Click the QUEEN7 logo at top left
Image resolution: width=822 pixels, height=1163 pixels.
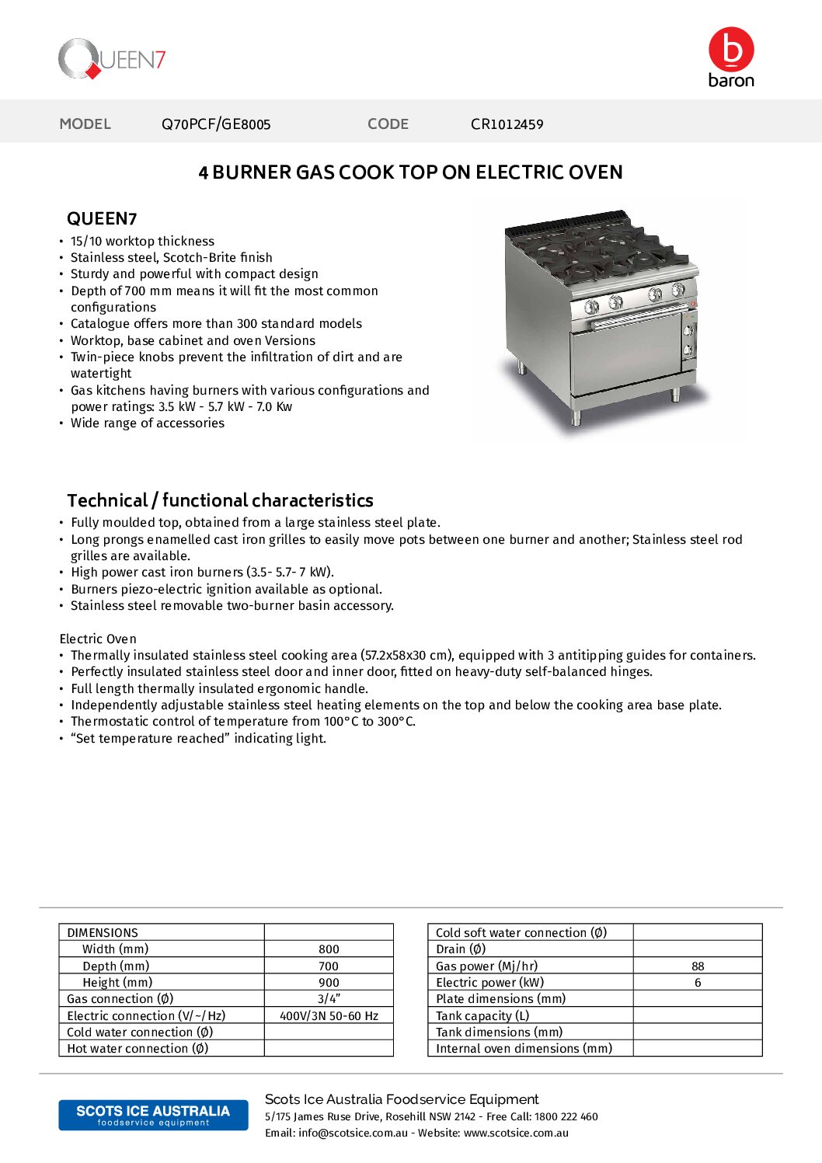(112, 59)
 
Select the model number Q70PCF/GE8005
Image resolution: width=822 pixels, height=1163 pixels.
(216, 124)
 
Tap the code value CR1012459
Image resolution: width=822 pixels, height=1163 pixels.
(507, 124)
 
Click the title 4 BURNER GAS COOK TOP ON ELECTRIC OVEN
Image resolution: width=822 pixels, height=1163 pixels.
(410, 172)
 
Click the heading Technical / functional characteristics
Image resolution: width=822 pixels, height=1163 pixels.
(220, 500)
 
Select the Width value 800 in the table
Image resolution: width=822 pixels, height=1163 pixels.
(329, 949)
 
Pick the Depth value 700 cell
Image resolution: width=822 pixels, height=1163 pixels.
(329, 966)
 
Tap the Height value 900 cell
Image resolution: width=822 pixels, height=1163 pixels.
(329, 983)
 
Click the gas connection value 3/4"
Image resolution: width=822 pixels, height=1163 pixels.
(329, 999)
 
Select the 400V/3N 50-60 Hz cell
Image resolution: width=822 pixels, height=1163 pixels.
(329, 1016)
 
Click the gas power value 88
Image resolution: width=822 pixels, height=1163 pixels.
(698, 966)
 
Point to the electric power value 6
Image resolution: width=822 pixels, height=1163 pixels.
(698, 983)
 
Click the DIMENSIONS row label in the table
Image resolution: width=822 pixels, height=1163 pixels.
(103, 933)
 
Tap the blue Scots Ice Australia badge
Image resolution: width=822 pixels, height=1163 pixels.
(153, 1115)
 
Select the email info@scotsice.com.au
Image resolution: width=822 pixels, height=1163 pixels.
(353, 1133)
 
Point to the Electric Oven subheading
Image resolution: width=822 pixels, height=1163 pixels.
(98, 639)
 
